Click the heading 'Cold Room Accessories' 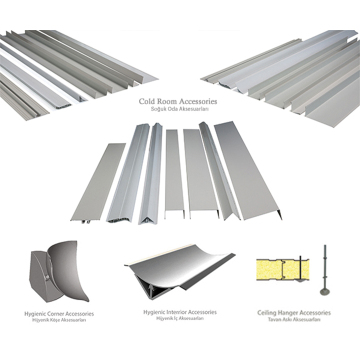pos(179,101)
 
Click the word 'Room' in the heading pos(171,101)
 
